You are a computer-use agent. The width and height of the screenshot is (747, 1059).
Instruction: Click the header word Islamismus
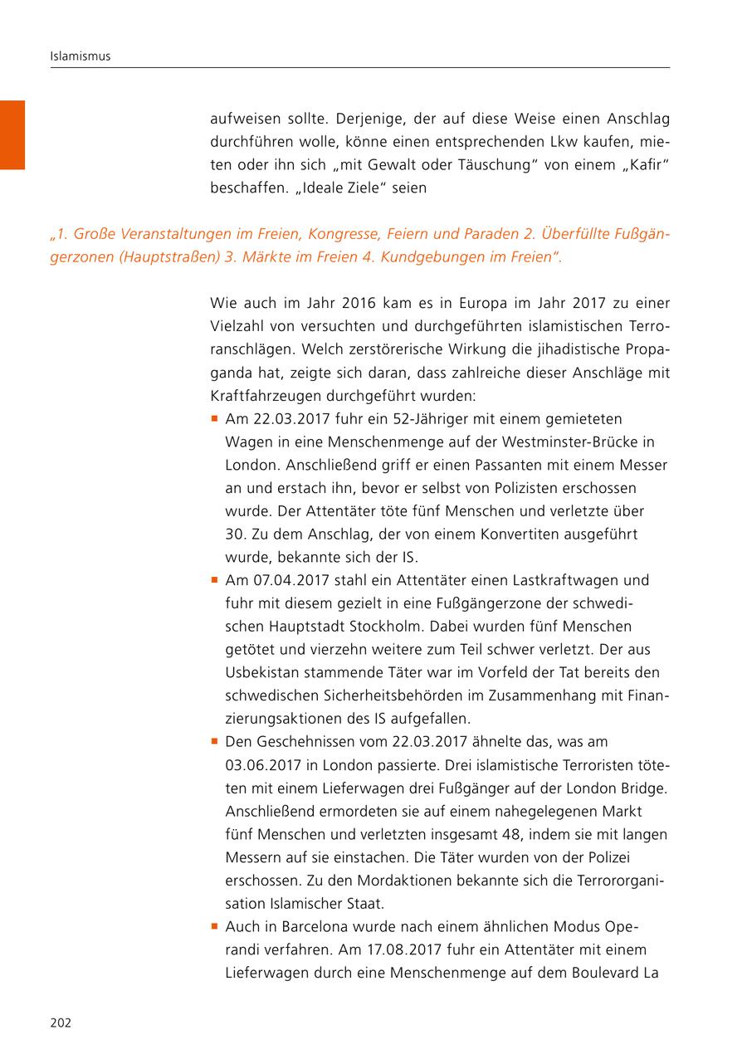point(81,56)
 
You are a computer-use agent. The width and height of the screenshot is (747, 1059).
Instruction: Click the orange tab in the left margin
point(12,134)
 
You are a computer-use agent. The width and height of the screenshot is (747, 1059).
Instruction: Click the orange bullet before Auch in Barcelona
point(215,925)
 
